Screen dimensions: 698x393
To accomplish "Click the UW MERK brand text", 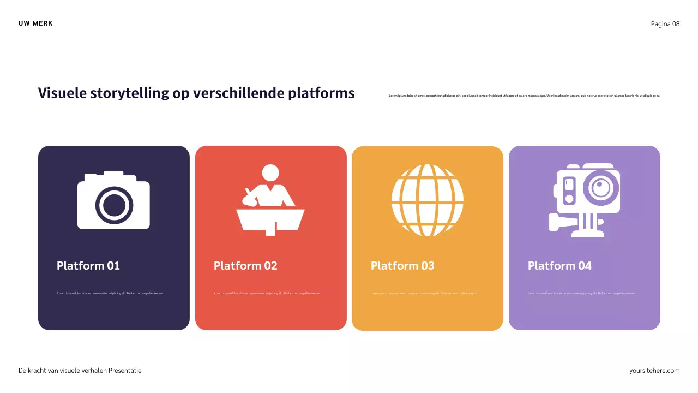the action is coord(35,23).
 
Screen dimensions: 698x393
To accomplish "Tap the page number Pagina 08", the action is coord(665,23).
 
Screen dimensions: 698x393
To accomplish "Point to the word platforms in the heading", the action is coord(321,93).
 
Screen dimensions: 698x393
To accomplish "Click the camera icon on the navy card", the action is coord(113,200).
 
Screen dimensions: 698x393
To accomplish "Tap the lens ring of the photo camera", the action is coord(114,205).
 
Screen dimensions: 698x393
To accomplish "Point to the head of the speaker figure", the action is coord(270,173).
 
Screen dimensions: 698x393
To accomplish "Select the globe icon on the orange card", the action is coord(428,200).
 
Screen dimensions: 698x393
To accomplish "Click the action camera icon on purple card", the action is coord(585,200).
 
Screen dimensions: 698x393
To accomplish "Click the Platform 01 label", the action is coord(88,266).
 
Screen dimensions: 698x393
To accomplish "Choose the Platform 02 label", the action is coord(245,266).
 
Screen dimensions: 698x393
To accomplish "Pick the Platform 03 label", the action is coord(402,266).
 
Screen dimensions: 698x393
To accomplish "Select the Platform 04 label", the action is coord(559,266).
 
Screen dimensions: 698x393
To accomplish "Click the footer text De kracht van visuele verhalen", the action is coord(80,371).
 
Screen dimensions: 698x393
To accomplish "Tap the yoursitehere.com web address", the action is coord(654,371).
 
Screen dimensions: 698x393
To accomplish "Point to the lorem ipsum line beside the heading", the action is coord(524,96).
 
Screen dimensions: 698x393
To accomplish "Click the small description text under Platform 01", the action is coord(110,293).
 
